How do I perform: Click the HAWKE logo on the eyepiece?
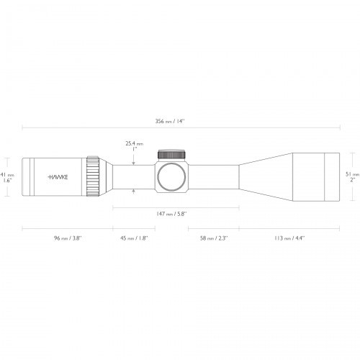click(58, 177)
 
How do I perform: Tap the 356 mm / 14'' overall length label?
click(170, 121)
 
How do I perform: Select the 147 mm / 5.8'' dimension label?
click(171, 214)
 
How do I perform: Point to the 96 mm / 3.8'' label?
click(68, 238)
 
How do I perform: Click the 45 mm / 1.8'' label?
click(134, 238)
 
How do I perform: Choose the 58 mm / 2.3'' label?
click(214, 238)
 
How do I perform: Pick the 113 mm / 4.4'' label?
click(289, 238)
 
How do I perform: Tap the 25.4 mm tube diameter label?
click(135, 143)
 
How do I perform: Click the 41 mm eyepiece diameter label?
click(7, 174)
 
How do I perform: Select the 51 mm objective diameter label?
click(352, 174)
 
